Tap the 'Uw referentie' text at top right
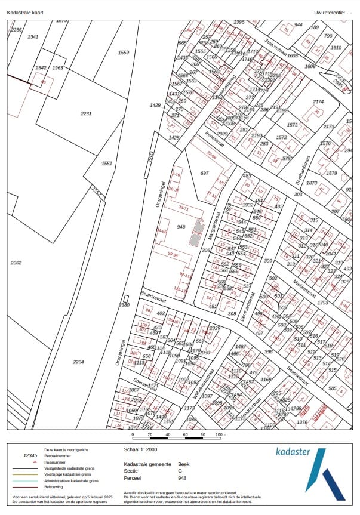tap(331, 13)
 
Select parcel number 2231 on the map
tap(87, 113)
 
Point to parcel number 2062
tap(16, 263)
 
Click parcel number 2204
tap(78, 362)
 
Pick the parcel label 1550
tap(123, 53)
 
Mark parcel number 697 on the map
tap(205, 173)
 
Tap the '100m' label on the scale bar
tap(221, 435)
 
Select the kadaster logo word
tap(293, 452)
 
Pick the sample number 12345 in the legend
tap(30, 455)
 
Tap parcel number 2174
tap(318, 102)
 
